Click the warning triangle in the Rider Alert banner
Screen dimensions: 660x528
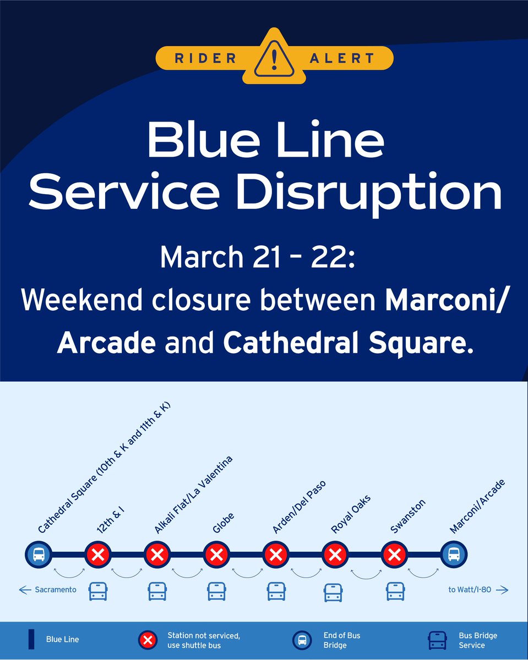click(x=274, y=58)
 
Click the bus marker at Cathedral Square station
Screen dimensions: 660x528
click(x=39, y=554)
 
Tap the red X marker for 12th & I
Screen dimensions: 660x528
click(x=98, y=554)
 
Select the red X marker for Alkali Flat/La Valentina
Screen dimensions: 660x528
click(x=157, y=554)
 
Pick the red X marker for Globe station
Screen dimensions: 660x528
click(x=216, y=554)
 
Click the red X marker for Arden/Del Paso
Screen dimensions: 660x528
click(x=275, y=554)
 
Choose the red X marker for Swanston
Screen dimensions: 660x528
click(x=394, y=554)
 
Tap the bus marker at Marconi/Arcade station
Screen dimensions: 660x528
click(x=454, y=554)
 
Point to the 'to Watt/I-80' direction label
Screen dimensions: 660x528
click(x=477, y=590)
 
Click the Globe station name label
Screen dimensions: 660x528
click(x=224, y=523)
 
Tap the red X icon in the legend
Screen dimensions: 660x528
click(x=148, y=640)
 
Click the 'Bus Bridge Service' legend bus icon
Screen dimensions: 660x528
click(x=438, y=640)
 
